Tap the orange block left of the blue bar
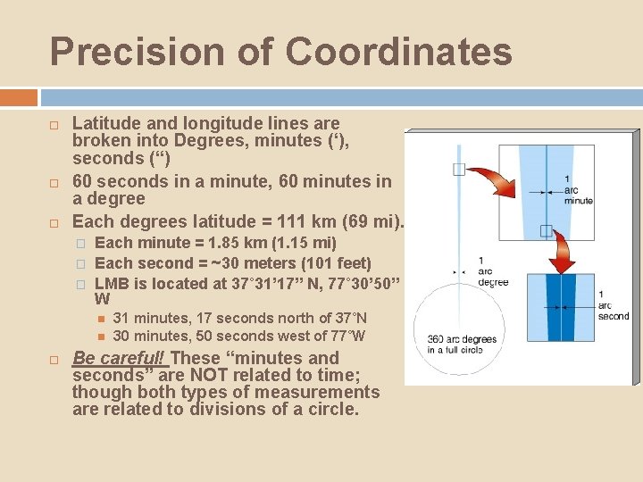19,97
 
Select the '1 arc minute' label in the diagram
579,189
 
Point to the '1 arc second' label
613,305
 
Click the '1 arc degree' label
493,270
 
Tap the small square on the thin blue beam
458,170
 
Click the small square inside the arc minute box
546,231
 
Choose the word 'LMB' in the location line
112,282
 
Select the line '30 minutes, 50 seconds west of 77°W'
239,336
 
